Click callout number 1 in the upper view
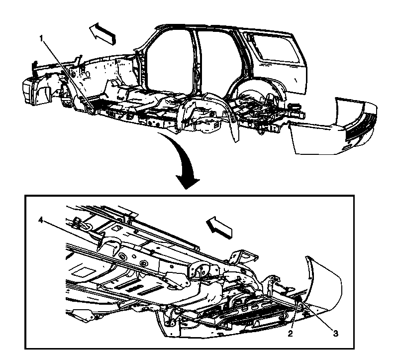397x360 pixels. click(41, 38)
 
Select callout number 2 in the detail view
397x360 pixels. click(291, 334)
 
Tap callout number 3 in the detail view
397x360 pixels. click(335, 334)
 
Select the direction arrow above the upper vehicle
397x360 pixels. click(102, 33)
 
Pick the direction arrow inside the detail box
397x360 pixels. click(219, 227)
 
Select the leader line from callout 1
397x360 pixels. click(68, 76)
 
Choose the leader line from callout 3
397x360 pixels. click(317, 314)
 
